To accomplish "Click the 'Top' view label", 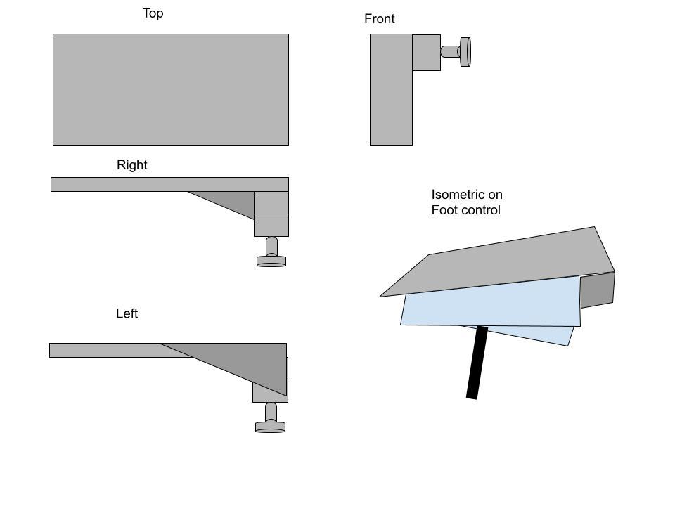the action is (x=153, y=13).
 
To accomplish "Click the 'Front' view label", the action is (x=379, y=19).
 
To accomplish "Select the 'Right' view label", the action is (x=131, y=165).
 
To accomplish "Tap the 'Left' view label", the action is (x=127, y=313).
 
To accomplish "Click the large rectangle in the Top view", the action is (x=171, y=90).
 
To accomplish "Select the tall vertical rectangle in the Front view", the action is (x=392, y=90).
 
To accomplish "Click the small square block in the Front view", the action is (x=427, y=53).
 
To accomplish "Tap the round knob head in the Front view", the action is (x=465, y=52).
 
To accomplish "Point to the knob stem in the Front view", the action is (x=450, y=51).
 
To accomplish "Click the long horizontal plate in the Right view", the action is (x=169, y=185).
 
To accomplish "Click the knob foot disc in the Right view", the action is (x=271, y=261).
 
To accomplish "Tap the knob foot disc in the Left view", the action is (x=270, y=427).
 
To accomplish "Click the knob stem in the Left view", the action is (x=271, y=413).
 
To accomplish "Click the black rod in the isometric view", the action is (x=477, y=363).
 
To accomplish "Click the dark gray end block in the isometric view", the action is (x=598, y=290).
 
